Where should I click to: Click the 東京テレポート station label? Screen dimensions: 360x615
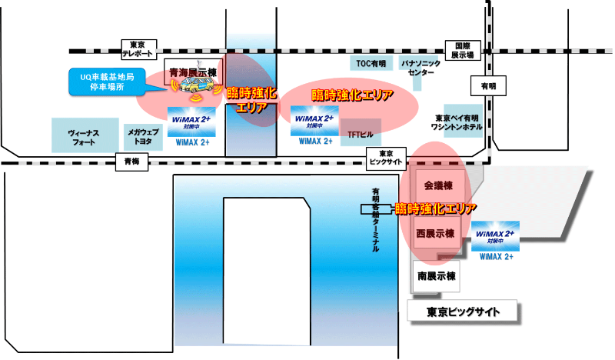(139, 48)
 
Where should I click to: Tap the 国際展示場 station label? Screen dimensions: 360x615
(462, 51)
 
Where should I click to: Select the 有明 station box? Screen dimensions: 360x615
(488, 85)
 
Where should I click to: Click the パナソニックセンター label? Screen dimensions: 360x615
(421, 65)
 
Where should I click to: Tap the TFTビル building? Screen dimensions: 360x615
(361, 133)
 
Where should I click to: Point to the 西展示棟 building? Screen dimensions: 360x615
(436, 233)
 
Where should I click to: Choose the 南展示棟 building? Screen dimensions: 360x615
(437, 275)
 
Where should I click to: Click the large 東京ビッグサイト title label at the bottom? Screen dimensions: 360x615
(463, 312)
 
